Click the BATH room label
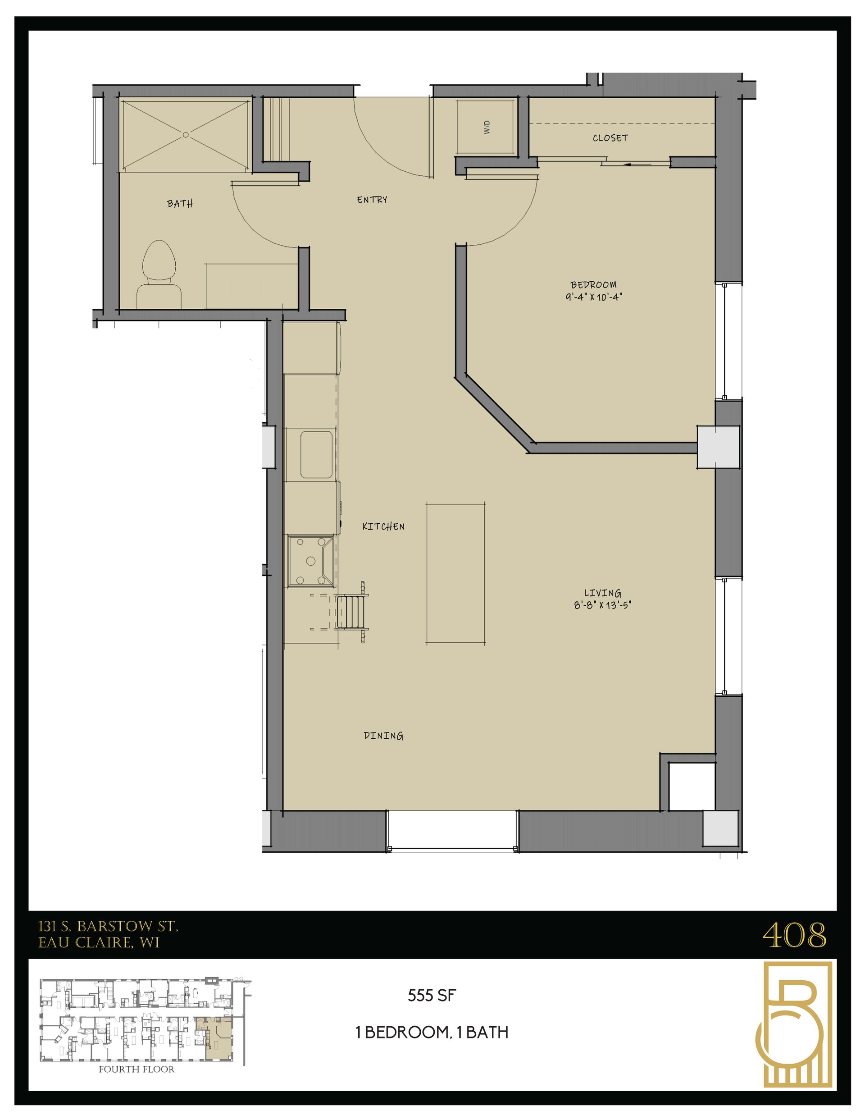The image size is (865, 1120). click(180, 204)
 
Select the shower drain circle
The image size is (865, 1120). click(186, 135)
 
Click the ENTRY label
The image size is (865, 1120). click(372, 200)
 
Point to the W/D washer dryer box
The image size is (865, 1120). click(486, 127)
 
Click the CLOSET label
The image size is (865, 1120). click(610, 138)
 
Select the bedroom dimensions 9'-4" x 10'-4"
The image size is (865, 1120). click(594, 297)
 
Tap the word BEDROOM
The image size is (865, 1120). click(594, 284)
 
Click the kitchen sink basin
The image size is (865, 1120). click(316, 454)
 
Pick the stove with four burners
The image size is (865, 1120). click(311, 561)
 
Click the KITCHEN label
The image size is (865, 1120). click(383, 526)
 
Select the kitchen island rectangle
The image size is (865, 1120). click(456, 573)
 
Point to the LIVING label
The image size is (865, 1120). click(602, 593)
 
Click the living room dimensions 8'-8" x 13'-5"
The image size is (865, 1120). click(602, 605)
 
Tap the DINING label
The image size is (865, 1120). click(383, 736)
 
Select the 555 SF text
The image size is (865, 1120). click(432, 996)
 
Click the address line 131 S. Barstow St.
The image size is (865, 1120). click(108, 926)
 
